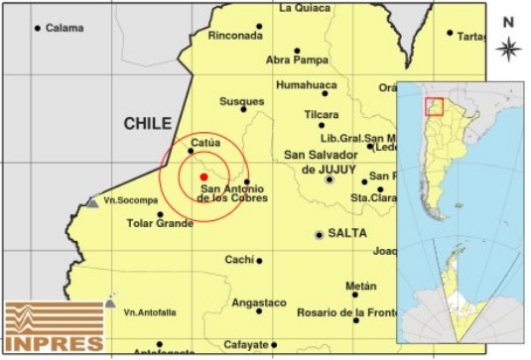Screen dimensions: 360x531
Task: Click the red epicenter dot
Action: coord(203,177)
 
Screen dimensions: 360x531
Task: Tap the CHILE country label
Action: coord(148,124)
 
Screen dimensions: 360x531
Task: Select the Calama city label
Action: coord(65,28)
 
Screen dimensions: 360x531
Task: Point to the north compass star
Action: coord(509,48)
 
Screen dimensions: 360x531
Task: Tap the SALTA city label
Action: coord(347,233)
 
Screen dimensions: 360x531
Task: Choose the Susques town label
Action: coord(242,101)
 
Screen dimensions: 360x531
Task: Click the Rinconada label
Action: coord(235,36)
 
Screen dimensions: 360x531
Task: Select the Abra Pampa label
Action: coord(297,60)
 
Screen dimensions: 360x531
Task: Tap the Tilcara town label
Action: coord(322,114)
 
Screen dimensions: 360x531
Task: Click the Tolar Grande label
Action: coord(160,223)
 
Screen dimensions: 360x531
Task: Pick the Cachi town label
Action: coord(239,260)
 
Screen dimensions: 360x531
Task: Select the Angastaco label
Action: coord(258,301)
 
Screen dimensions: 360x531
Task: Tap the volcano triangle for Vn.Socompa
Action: coord(92,202)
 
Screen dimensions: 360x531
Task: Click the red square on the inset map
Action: coord(434,106)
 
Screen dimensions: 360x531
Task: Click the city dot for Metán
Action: coord(355,295)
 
